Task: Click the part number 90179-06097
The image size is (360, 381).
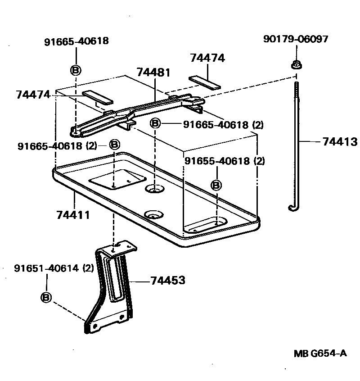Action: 296,39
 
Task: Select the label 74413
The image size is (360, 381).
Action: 340,142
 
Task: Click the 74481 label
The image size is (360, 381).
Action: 154,72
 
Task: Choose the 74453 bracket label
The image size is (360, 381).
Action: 167,281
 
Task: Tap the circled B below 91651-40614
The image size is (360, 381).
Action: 46,297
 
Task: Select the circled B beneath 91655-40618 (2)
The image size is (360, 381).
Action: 216,185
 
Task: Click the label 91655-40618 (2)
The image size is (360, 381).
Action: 225,161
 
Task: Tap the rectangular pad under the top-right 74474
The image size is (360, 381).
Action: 205,82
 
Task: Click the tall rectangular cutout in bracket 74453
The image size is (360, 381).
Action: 115,280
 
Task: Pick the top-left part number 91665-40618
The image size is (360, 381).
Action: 76,41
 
